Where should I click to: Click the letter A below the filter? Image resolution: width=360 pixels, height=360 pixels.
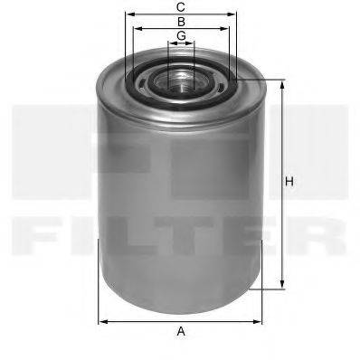click(x=181, y=332)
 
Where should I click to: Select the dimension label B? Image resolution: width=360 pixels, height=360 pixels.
click(x=181, y=21)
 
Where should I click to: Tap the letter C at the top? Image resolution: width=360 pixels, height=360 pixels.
click(x=181, y=6)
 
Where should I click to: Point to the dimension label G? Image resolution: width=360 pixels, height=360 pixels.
click(x=181, y=35)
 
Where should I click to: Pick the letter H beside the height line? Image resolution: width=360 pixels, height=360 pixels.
click(x=289, y=183)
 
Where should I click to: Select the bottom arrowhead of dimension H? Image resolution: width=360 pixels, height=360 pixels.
click(x=281, y=287)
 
